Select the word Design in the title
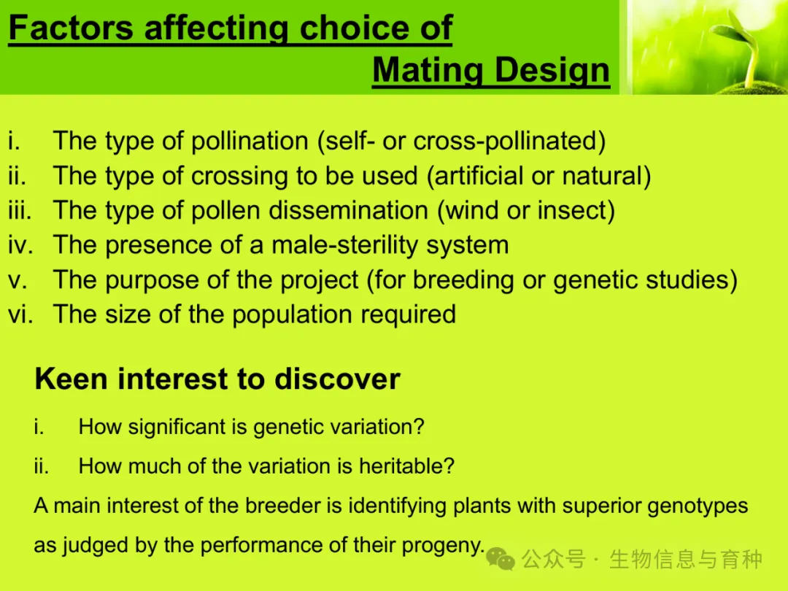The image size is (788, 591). coord(552,69)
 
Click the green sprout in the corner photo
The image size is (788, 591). coord(738,47)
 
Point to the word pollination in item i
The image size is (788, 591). coord(250,141)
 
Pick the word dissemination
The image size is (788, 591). coord(348,210)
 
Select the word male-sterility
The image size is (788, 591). coord(344,245)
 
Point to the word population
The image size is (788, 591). coord(291,314)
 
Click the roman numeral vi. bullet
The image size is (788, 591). coord(20,314)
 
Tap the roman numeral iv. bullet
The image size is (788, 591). coord(20,245)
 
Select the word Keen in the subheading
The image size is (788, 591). coord(71,379)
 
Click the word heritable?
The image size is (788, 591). coord(406,466)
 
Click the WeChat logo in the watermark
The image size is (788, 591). coord(501,559)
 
